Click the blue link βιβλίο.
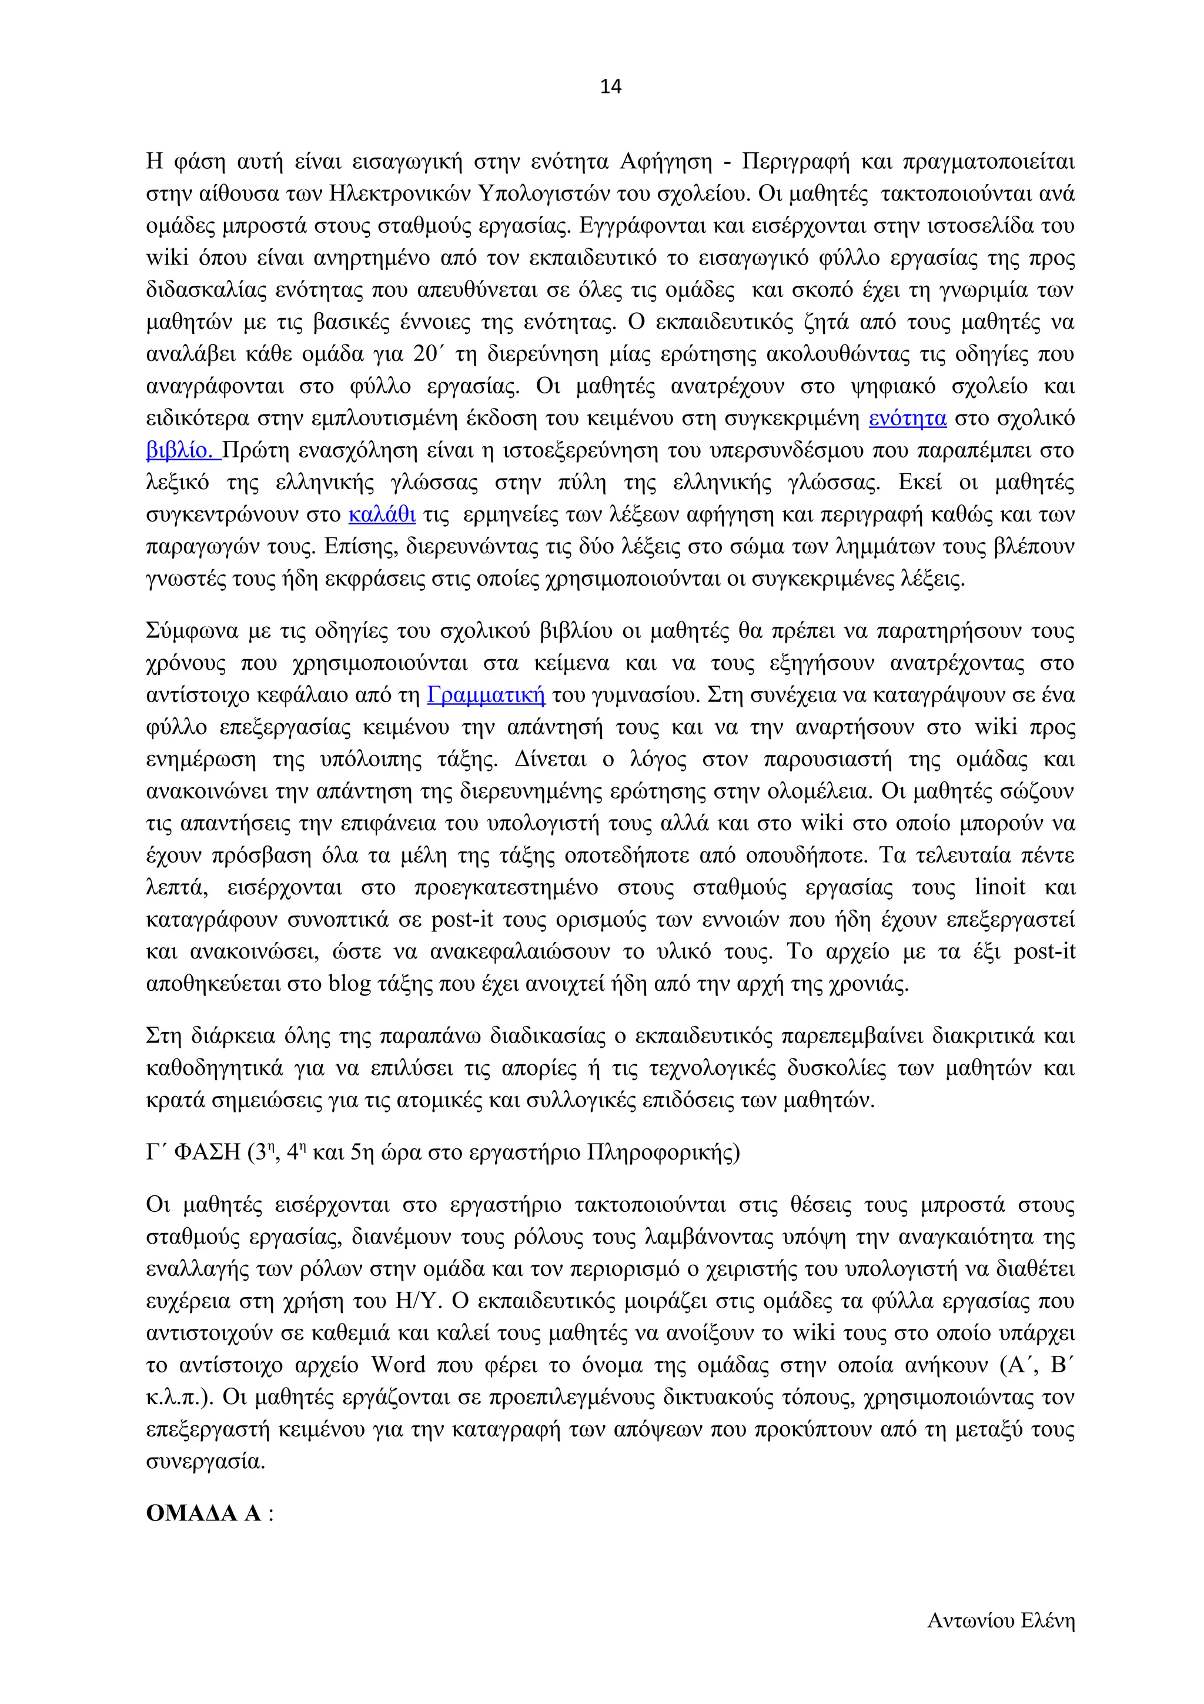tap(181, 450)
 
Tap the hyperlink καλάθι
tap(382, 515)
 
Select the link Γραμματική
tap(486, 696)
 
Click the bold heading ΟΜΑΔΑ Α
tap(204, 1513)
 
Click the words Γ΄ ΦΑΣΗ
tap(193, 1152)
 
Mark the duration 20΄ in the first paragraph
tap(428, 354)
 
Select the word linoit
tap(1000, 888)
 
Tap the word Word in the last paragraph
tap(399, 1365)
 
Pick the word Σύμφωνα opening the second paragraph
tap(193, 632)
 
